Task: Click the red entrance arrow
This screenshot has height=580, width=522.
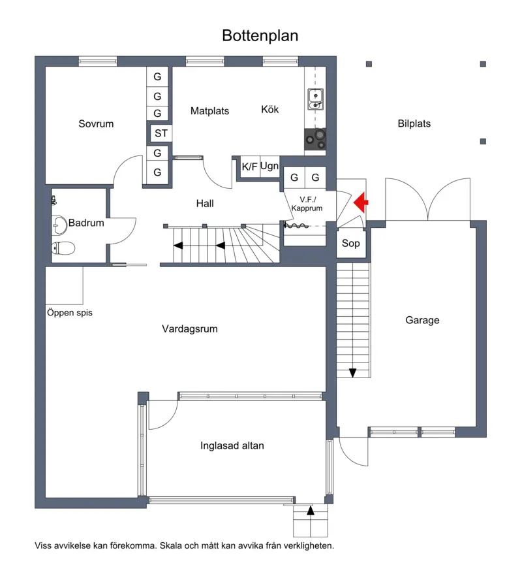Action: [x=361, y=202]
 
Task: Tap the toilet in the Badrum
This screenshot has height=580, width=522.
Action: [x=63, y=248]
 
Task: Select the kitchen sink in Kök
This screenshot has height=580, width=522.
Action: [x=316, y=99]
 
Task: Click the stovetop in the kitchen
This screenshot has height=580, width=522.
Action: [x=315, y=139]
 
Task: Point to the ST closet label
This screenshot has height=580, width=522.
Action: [x=161, y=133]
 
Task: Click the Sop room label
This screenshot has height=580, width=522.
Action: [x=350, y=244]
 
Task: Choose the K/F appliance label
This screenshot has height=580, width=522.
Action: [x=249, y=167]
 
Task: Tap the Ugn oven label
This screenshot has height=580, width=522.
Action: [x=269, y=166]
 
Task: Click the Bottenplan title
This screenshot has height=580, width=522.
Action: [x=260, y=35]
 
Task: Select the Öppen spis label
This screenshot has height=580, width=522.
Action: [x=69, y=313]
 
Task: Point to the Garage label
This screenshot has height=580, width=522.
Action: [x=422, y=320]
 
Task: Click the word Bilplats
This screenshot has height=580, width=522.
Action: [x=414, y=123]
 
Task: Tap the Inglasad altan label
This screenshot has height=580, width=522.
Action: [x=232, y=445]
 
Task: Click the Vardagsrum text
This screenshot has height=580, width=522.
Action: [x=189, y=329]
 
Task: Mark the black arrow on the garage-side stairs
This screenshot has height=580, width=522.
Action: [x=353, y=373]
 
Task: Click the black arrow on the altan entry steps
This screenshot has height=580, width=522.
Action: [x=311, y=511]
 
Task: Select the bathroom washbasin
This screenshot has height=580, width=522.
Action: [x=59, y=225]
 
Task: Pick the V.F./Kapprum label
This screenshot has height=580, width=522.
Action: [x=307, y=204]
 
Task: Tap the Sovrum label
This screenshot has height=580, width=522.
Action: [x=96, y=123]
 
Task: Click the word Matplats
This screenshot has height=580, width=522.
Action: [x=210, y=111]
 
